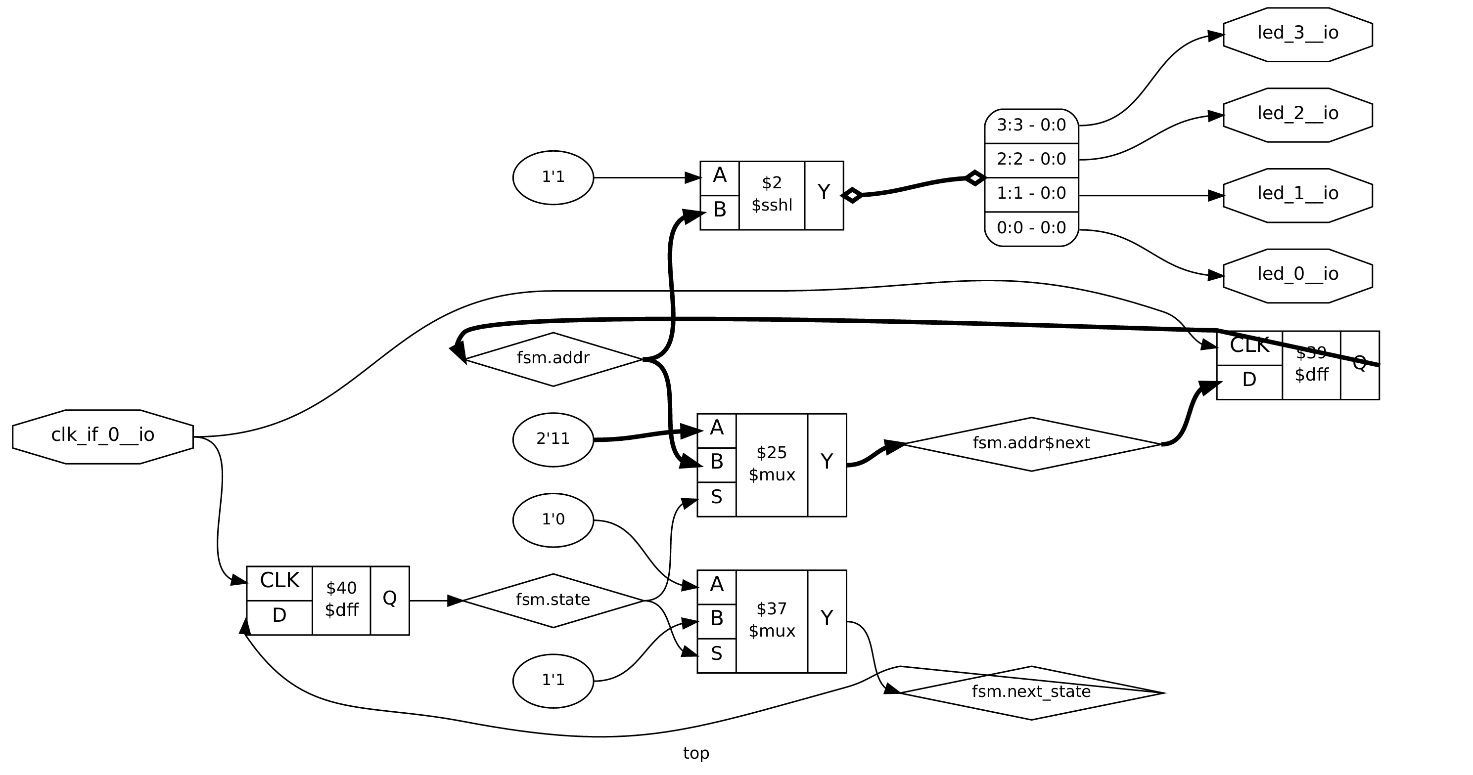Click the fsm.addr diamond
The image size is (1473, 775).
[553, 359]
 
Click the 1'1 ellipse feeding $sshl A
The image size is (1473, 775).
[553, 178]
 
